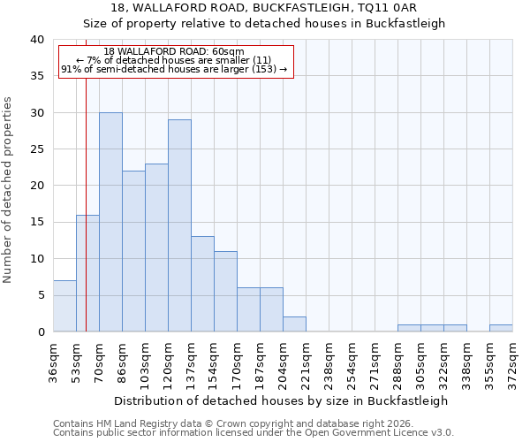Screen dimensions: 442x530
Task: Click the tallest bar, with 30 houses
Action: click(x=110, y=222)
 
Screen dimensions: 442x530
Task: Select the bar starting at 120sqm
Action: click(x=179, y=225)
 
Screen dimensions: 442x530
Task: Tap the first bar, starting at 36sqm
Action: click(x=64, y=306)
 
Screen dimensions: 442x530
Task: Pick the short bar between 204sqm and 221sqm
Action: click(x=294, y=324)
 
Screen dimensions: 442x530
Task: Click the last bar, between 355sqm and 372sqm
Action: click(x=501, y=328)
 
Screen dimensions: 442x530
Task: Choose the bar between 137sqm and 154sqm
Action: click(x=202, y=284)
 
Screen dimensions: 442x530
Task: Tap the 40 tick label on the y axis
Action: click(x=36, y=40)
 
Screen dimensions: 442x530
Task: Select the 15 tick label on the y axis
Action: click(x=36, y=222)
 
